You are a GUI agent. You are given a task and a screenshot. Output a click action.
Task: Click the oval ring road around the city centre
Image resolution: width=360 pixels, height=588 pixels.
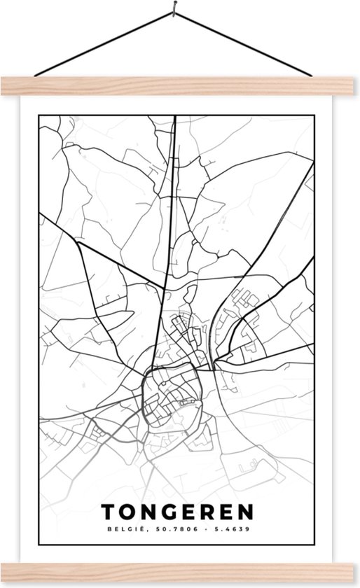pyautogui.click(x=144, y=392)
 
